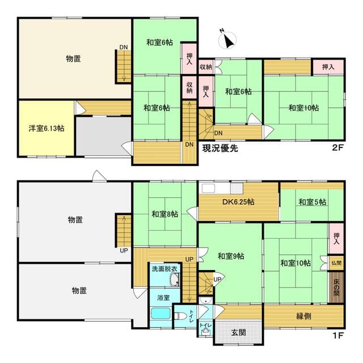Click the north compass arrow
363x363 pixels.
[229, 41]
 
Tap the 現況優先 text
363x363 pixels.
[220, 149]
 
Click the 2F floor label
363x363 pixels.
[337, 147]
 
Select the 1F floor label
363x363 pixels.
[337, 335]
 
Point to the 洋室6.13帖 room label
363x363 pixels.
[47, 128]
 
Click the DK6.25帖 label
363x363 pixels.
[238, 202]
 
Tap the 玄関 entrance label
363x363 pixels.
[238, 332]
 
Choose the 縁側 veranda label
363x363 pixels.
[303, 316]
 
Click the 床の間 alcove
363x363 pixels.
[336, 287]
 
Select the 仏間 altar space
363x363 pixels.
[336, 263]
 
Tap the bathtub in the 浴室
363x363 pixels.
[161, 314]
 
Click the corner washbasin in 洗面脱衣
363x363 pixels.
[175, 280]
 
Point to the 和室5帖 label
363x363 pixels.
[313, 202]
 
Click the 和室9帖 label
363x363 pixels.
[231, 256]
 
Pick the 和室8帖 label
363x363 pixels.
[164, 214]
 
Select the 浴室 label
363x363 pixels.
[163, 297]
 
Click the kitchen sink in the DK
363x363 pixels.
[208, 188]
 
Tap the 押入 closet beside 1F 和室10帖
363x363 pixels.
[336, 239]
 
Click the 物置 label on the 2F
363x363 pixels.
[73, 59]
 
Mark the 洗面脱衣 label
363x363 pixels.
[164, 269]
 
